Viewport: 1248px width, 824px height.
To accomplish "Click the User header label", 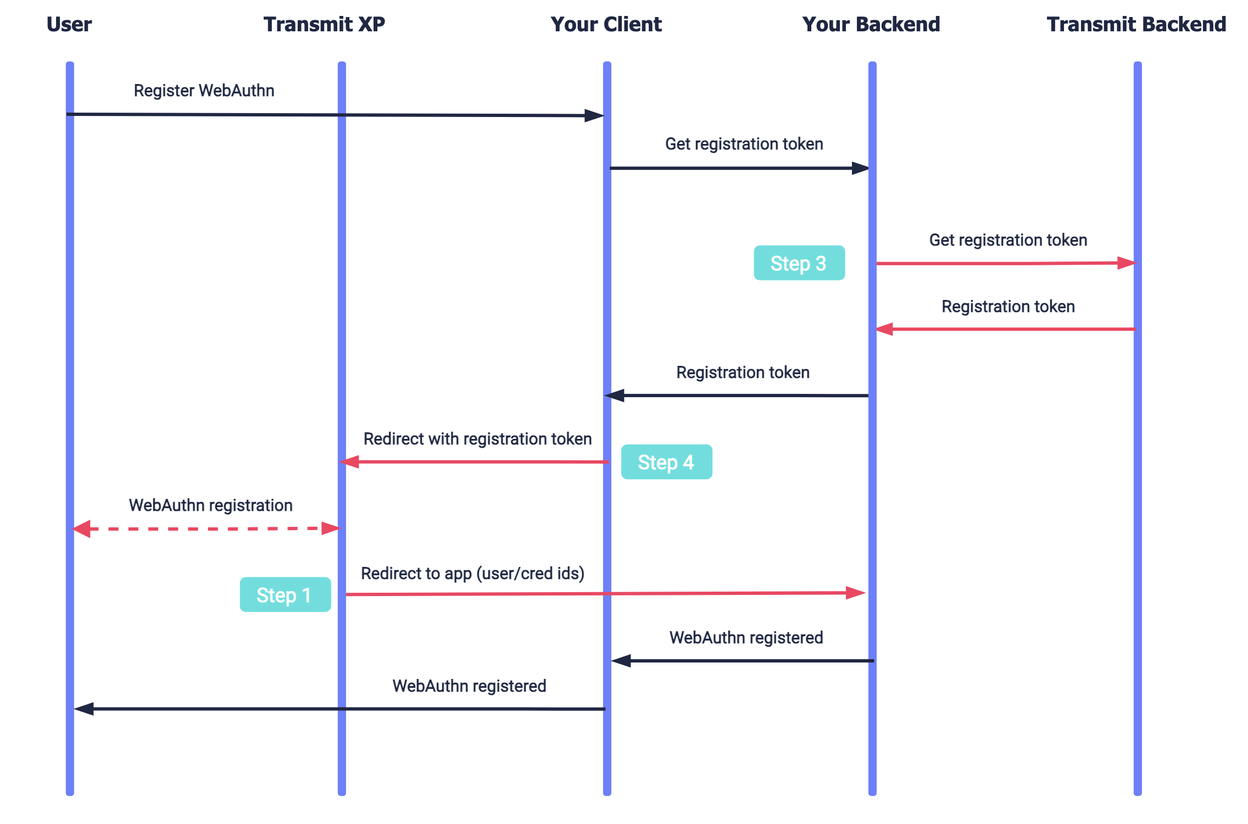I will coord(69,24).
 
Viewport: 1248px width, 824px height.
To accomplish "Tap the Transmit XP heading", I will coord(324,24).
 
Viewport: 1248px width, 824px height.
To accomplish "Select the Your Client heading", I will coord(606,24).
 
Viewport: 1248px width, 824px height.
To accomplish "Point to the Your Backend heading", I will coord(871,24).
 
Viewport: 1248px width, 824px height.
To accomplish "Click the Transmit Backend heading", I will coord(1136,24).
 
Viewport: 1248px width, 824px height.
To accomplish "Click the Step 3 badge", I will coord(799,263).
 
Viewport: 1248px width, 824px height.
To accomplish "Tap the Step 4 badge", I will coord(666,462).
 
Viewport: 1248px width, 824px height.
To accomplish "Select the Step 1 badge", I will coord(285,594).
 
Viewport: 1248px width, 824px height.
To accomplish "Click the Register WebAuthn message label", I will coord(204,91).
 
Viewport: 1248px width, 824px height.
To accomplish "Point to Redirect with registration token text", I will coord(477,439).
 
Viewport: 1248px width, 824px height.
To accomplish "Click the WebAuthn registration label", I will coord(210,505).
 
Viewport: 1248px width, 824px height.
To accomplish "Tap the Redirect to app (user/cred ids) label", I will coord(472,574).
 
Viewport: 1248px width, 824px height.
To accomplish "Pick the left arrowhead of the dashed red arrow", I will coord(82,529).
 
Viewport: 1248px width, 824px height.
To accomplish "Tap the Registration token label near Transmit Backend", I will coord(1008,307).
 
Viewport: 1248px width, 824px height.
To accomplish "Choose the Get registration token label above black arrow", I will coord(744,144).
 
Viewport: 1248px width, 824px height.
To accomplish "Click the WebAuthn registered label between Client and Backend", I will coord(745,638).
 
